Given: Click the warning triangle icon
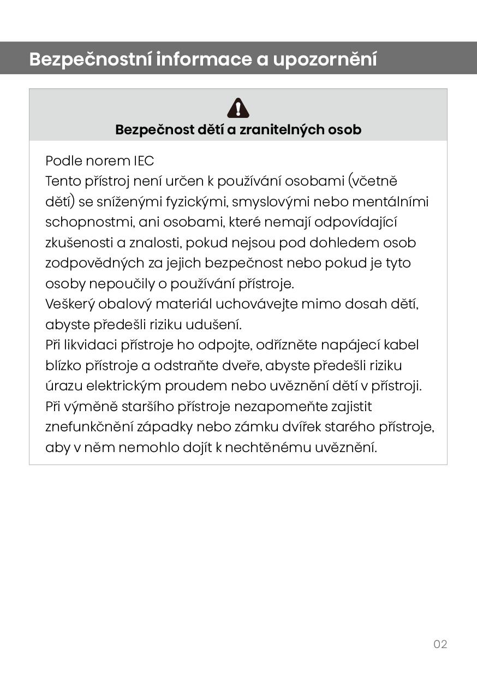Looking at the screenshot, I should [x=238, y=108].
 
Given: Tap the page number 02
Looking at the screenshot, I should [x=440, y=644].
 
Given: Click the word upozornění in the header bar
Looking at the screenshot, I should [x=325, y=59].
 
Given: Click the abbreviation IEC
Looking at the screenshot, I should [x=144, y=161].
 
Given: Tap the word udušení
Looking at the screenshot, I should [x=213, y=325].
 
